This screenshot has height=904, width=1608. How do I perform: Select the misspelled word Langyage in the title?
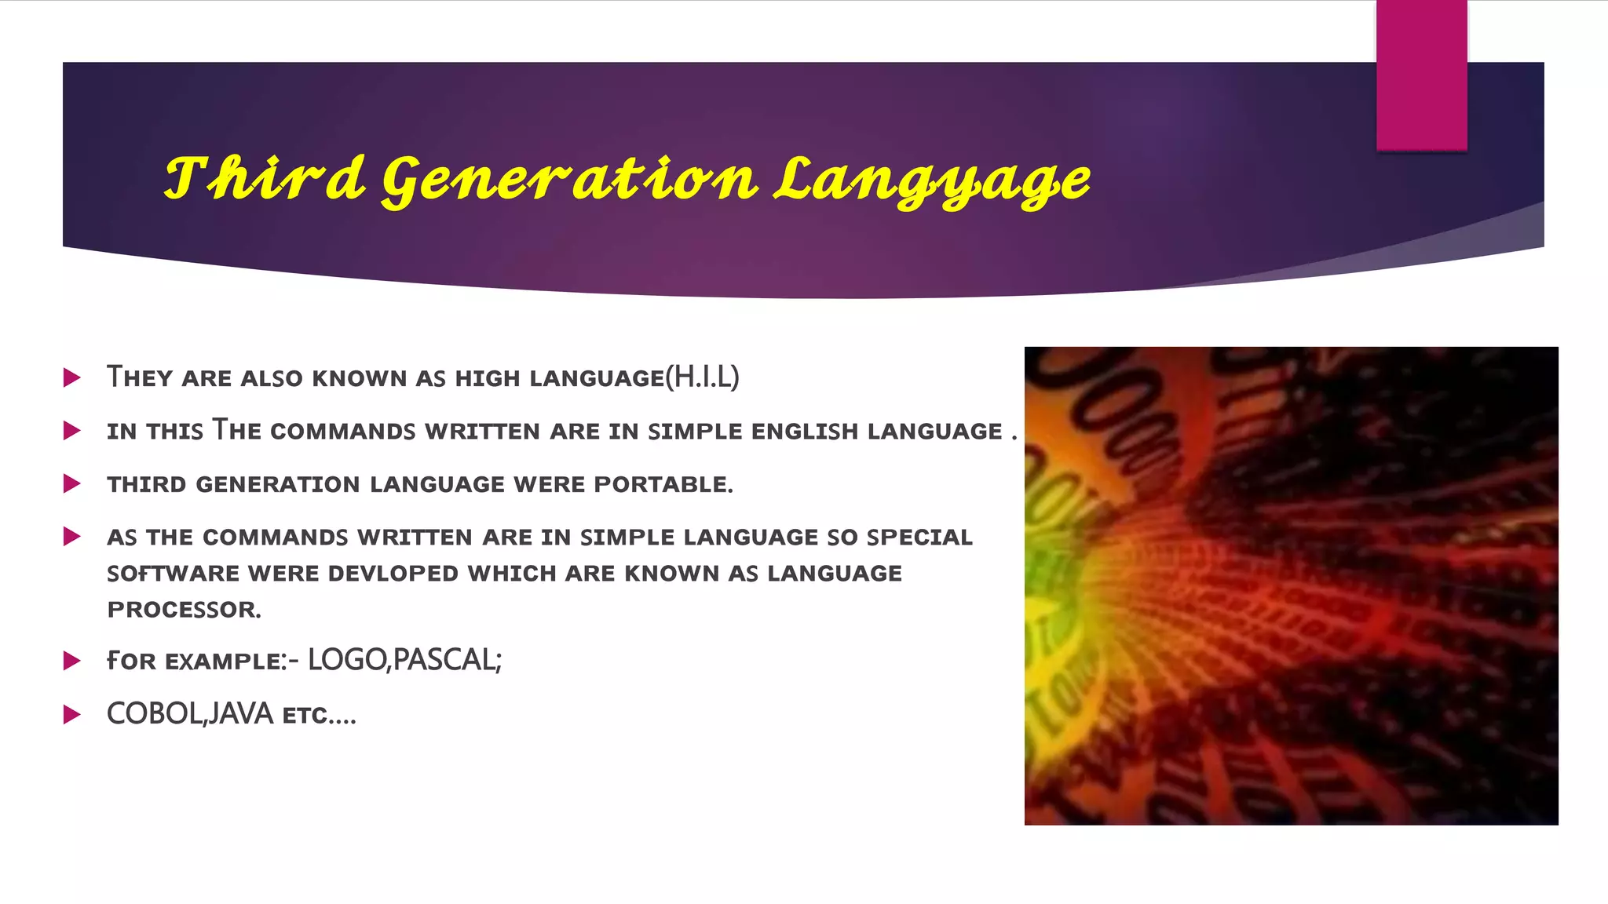pos(932,180)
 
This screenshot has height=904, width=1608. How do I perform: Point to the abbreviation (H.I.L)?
pos(702,377)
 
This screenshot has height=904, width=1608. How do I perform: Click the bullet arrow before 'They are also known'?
pos(72,378)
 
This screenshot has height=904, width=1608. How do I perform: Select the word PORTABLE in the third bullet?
pos(663,485)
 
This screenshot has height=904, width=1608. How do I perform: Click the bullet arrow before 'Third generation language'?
pos(72,484)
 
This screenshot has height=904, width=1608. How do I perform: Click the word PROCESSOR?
pos(184,610)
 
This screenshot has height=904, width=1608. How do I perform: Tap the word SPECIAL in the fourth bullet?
pos(919,538)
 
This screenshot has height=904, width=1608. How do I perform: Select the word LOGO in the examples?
pos(346,660)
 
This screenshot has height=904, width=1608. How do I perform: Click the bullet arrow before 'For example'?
pos(72,661)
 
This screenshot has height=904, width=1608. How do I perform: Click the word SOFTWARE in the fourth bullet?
pos(173,574)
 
